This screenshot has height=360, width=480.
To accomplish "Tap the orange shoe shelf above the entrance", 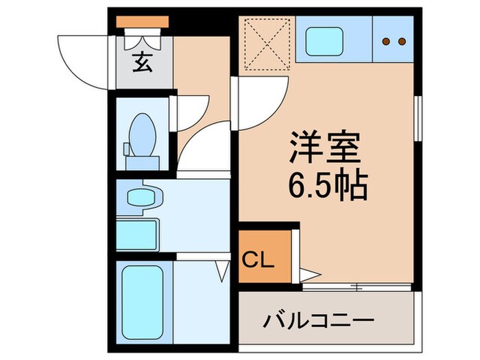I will (x=142, y=22).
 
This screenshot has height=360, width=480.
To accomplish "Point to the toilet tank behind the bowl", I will (x=143, y=163).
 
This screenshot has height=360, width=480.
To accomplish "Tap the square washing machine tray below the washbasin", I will (x=137, y=235).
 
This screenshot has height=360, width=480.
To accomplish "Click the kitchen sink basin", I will (x=324, y=41).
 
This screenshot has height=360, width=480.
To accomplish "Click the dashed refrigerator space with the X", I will (x=267, y=43).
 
